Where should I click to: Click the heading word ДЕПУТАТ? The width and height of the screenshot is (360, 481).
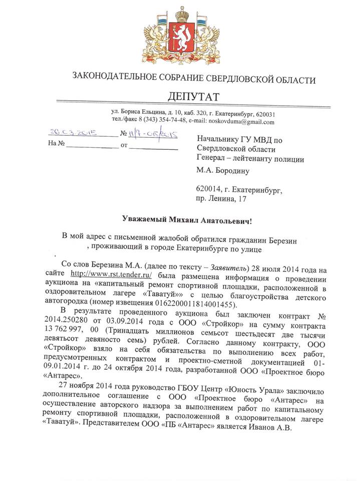(x=193, y=96)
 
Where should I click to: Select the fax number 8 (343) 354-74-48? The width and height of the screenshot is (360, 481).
(x=159, y=122)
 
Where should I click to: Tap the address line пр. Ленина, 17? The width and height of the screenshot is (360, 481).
(x=222, y=199)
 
